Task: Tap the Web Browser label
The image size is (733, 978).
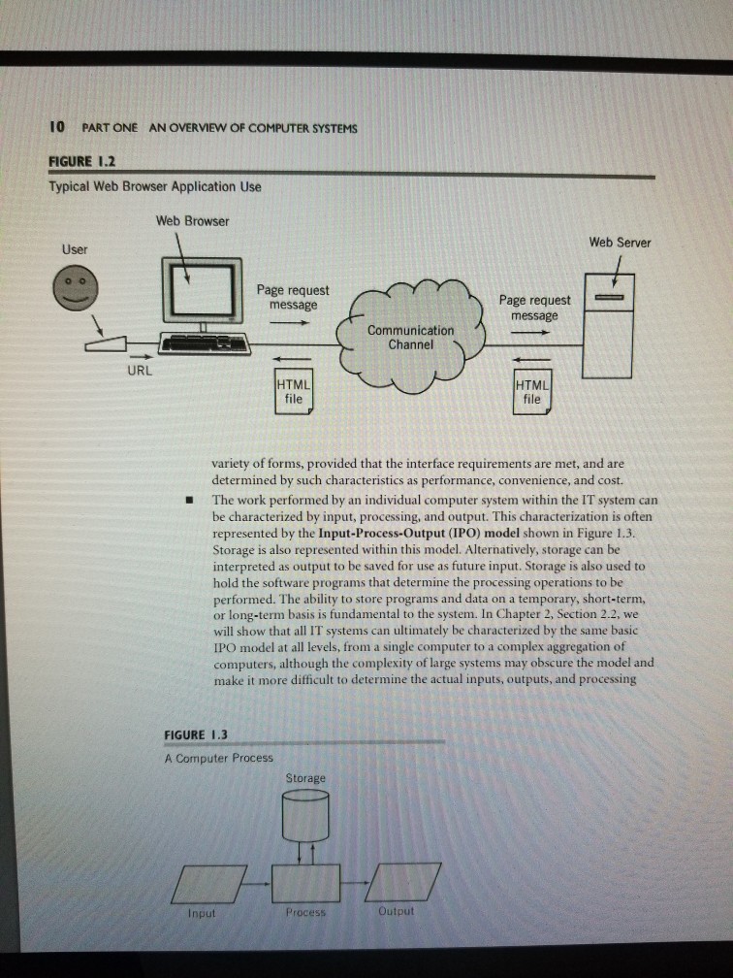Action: coord(193,220)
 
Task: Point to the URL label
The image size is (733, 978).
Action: coord(138,370)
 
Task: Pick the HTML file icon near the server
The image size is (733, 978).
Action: coord(531,391)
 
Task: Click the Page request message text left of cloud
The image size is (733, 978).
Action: coord(293,297)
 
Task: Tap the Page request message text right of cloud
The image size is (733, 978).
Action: coord(534,308)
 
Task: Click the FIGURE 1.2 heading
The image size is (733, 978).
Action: coord(83,161)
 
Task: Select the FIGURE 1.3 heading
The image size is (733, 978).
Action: coord(196,733)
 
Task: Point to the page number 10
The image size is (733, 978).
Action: coord(57,127)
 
